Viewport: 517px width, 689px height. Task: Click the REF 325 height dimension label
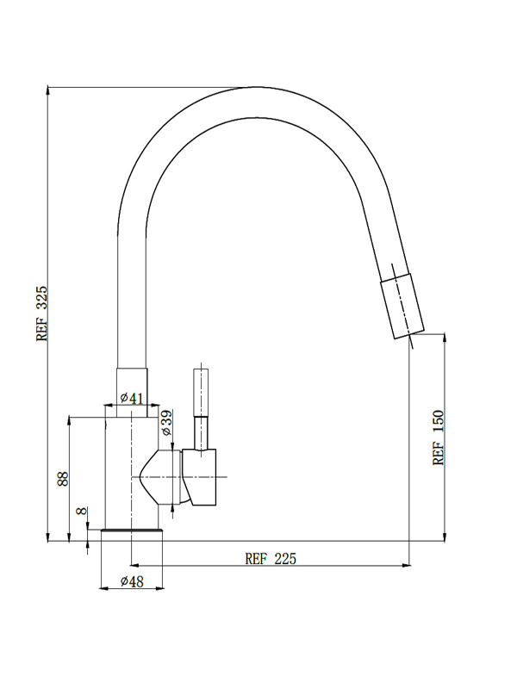point(41,313)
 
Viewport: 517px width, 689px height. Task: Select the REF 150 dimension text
point(439,438)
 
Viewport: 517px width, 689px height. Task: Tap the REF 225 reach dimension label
point(271,558)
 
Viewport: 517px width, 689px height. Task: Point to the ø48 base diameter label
point(132,581)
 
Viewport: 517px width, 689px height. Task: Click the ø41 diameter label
point(132,398)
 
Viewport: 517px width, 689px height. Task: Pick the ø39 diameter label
point(167,422)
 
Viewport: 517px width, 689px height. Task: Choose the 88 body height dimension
point(63,479)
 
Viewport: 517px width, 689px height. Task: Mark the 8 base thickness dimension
point(81,511)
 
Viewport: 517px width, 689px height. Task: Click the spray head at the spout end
point(402,307)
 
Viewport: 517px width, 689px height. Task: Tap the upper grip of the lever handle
point(201,393)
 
